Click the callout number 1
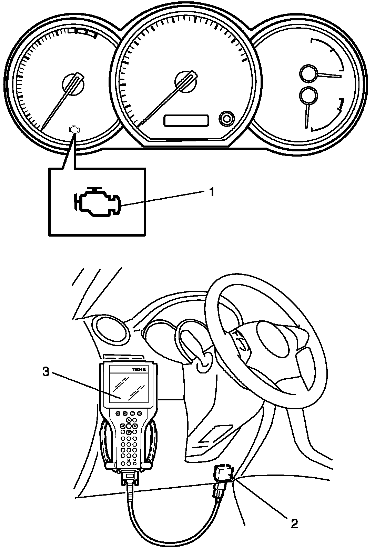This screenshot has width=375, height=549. tap(212, 192)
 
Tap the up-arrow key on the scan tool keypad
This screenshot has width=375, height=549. tap(129, 420)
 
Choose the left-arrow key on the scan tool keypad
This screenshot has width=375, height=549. tap(122, 426)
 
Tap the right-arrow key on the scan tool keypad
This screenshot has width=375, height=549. tap(135, 426)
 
